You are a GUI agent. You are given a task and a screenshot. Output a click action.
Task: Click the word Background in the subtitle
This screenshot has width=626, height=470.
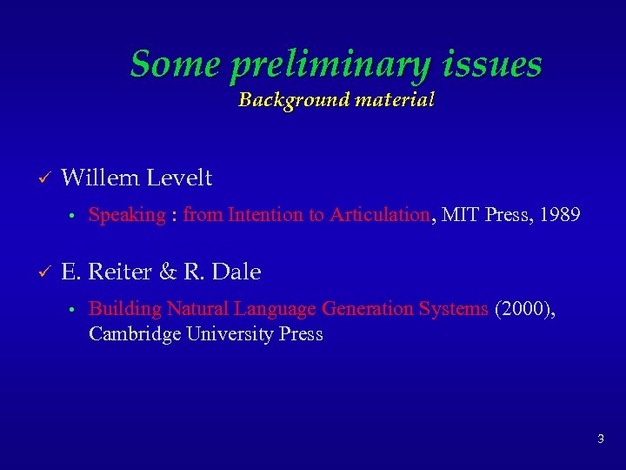coord(281,99)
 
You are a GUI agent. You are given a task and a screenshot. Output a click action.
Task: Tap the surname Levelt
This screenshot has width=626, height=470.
coord(179,178)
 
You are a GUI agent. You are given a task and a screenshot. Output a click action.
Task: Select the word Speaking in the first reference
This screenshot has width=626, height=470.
coord(127,215)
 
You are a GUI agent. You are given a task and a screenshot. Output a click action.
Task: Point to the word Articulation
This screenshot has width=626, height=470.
coord(380,215)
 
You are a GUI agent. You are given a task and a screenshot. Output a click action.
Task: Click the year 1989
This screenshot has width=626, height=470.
coord(560,215)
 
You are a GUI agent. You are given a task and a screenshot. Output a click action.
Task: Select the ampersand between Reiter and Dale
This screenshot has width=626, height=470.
coord(169,272)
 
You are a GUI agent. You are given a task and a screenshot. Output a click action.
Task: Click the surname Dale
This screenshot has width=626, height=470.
coord(236,272)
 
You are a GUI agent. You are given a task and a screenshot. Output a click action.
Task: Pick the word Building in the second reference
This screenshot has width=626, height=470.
coord(125,308)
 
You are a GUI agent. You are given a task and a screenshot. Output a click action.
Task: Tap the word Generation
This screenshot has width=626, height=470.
coord(363,308)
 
